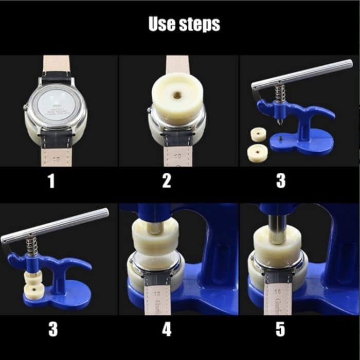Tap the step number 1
pos(51,181)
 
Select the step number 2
pos(167,181)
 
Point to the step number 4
pos(167,330)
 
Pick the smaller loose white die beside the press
pos(258,135)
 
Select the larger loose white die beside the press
pos(257,152)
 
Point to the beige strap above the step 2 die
pos(177,64)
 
